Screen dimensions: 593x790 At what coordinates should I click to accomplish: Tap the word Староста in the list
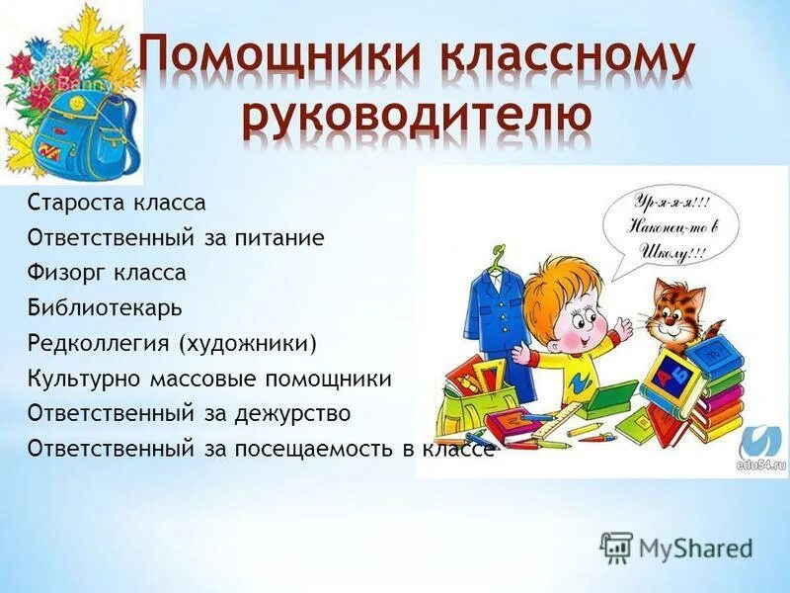(70, 204)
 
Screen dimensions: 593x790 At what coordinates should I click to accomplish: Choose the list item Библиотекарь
(105, 307)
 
